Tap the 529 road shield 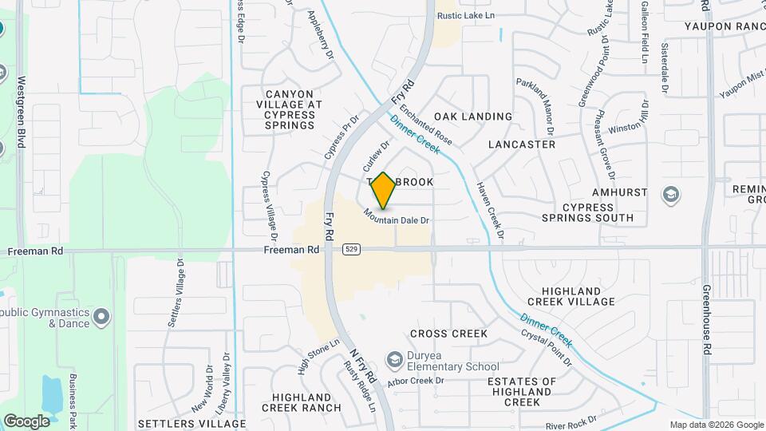point(351,250)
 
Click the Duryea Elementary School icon point(393,361)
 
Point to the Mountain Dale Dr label point(397,215)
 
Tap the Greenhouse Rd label point(707,319)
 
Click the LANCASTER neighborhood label point(521,144)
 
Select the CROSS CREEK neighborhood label point(448,333)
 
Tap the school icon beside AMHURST point(671,193)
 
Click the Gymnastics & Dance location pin point(101,317)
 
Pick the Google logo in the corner point(26,421)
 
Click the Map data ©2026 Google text point(716,425)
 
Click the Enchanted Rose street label point(426,125)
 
